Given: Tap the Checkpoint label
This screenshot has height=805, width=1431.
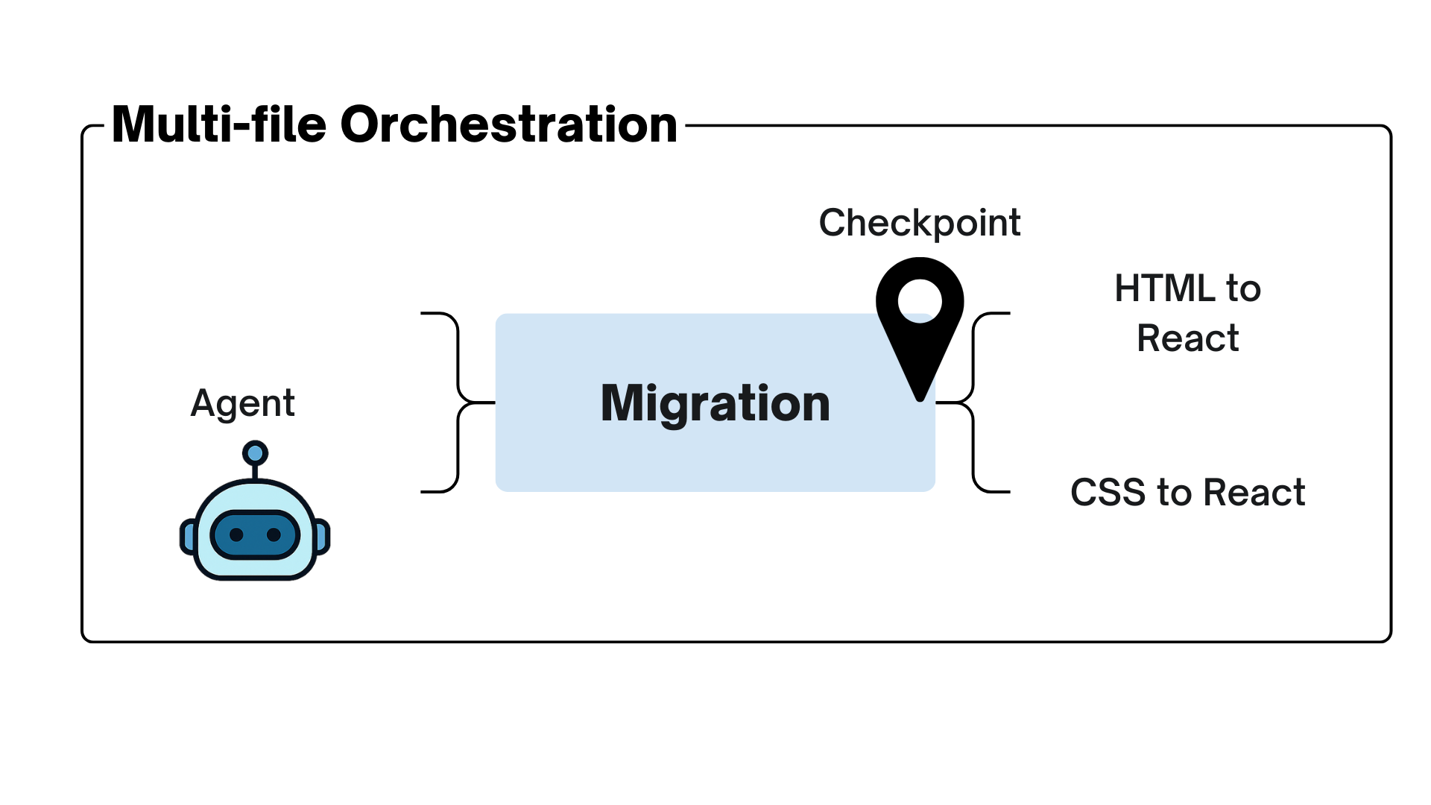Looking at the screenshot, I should click(x=919, y=223).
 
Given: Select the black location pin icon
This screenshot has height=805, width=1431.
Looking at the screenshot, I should click(x=920, y=328).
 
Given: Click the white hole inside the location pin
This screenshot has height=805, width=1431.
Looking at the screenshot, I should click(x=920, y=300).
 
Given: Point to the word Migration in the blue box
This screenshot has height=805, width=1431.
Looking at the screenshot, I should click(x=715, y=403).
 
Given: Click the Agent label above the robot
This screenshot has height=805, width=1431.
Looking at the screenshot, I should click(x=242, y=403).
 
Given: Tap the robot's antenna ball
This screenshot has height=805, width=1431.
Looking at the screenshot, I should click(x=255, y=452).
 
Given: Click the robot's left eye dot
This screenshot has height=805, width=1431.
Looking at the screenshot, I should click(x=236, y=534).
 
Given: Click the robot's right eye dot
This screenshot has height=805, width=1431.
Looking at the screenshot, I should click(x=274, y=534).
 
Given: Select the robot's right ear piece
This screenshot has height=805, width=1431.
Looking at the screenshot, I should click(x=322, y=537).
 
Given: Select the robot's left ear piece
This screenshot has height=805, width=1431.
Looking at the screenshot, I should click(x=188, y=537).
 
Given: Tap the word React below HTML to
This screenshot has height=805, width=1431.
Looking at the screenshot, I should click(x=1187, y=338).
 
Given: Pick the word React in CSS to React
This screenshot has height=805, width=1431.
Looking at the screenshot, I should click(x=1254, y=493).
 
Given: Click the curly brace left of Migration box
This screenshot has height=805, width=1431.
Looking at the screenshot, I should click(x=456, y=402).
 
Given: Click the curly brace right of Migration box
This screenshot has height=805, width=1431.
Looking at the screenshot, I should click(x=973, y=402).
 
